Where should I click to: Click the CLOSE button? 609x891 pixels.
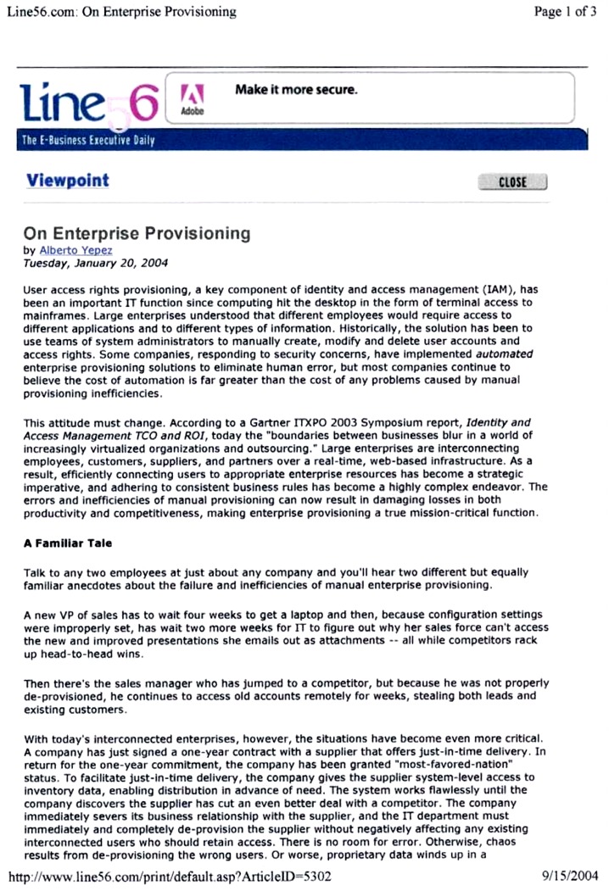(512, 181)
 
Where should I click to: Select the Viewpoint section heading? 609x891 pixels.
(68, 181)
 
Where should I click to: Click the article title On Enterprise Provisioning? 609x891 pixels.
(137, 232)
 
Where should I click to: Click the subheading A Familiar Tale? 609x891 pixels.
(67, 543)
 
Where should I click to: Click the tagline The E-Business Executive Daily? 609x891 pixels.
(87, 141)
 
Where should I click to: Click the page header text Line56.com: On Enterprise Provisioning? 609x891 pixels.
(121, 12)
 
